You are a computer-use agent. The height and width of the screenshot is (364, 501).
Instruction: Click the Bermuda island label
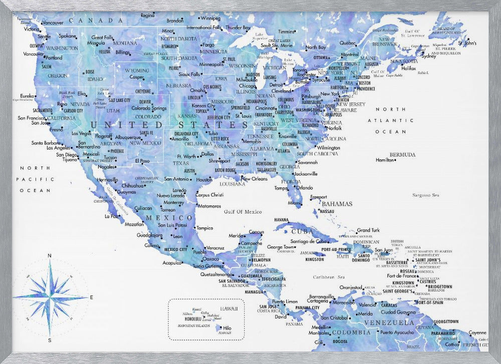coord(402,154)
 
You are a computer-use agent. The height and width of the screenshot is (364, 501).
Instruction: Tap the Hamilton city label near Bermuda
coord(385,160)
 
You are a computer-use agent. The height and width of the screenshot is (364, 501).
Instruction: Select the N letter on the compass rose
coord(49,256)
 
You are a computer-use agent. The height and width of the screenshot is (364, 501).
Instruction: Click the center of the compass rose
coord(50,297)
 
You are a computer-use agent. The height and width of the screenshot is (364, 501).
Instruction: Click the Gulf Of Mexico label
coord(242,212)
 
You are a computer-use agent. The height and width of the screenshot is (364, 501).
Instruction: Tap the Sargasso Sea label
coord(425,195)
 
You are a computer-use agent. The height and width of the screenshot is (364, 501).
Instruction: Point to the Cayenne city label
coord(477,332)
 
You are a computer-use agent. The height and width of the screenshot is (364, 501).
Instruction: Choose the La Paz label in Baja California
coord(111,216)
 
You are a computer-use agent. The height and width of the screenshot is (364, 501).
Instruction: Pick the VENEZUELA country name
coord(389,322)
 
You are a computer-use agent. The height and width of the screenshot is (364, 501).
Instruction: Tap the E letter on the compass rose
coord(91,297)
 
